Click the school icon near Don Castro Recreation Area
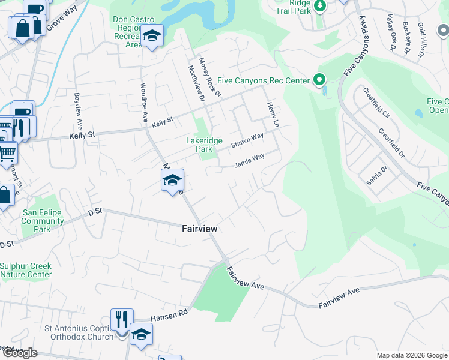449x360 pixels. point(152,36)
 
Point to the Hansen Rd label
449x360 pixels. point(169,315)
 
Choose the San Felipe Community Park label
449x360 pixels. point(43,221)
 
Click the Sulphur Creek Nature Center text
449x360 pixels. point(26,270)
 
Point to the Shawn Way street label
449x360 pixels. point(247,141)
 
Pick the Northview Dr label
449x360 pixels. point(196,83)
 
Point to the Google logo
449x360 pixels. point(20,353)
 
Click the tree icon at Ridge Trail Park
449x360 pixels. point(319,6)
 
